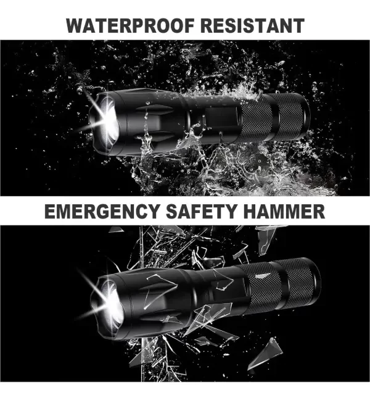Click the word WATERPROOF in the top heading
tap(130, 26)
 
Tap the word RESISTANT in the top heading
tap(253, 26)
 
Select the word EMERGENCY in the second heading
tap(102, 212)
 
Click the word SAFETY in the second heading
tap(201, 212)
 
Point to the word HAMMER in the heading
tap(284, 212)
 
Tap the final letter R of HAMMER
tap(319, 212)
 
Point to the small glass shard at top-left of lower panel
tap(116, 230)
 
